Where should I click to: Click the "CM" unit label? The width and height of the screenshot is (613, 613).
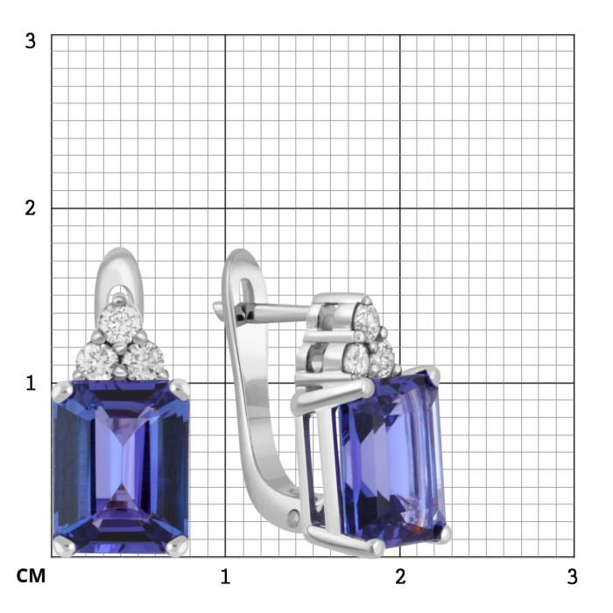coord(31,576)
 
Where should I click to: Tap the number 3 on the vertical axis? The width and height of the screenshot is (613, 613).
coord(30,41)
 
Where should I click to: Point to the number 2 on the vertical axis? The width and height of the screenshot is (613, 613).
coord(30,208)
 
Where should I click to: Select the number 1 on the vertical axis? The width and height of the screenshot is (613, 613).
coord(31,384)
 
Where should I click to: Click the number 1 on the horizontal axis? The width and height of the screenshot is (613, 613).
coord(225,576)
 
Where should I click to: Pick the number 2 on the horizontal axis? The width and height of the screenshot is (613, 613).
coord(400,576)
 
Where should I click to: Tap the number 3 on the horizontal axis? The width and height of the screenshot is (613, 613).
coord(572,576)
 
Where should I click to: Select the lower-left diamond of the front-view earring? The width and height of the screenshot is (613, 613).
coord(96,361)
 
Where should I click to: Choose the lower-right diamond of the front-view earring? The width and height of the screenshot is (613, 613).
coord(143,361)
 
